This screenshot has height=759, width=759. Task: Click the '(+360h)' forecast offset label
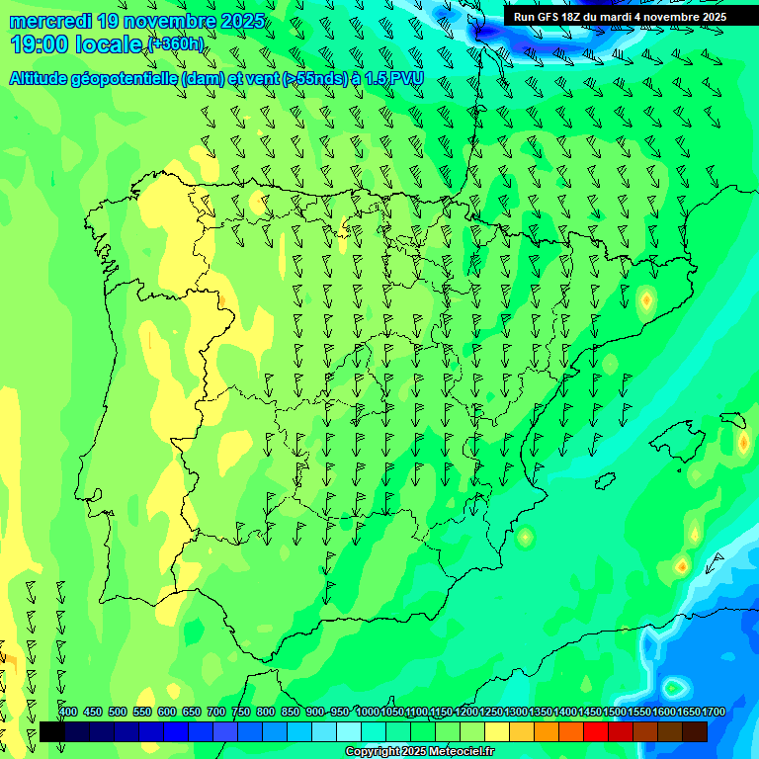(x=176, y=44)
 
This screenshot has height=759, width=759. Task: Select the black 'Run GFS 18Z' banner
(x=620, y=17)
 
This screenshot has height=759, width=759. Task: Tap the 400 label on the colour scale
(x=67, y=713)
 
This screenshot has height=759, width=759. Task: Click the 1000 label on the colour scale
(x=368, y=713)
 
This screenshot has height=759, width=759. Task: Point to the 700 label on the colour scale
(x=215, y=713)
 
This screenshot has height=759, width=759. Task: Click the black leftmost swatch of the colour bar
(x=51, y=731)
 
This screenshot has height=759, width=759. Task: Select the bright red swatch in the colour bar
(x=595, y=731)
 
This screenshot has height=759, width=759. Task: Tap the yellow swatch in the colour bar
(x=496, y=731)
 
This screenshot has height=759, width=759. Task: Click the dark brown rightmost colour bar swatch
(x=694, y=731)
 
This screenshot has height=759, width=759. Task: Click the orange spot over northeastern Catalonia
(x=646, y=298)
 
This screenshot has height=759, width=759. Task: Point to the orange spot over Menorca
(x=743, y=443)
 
